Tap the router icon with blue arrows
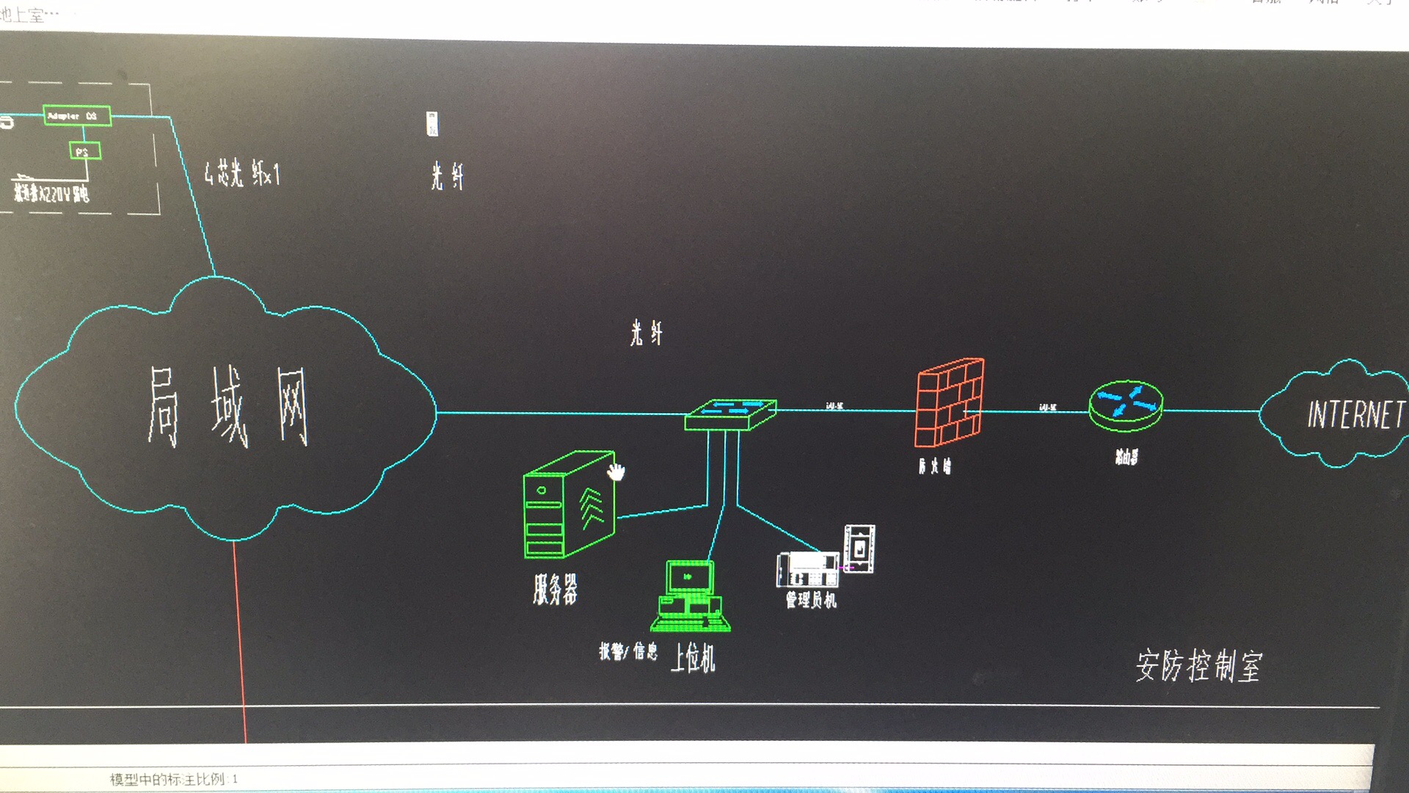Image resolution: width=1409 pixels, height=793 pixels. pos(1126,405)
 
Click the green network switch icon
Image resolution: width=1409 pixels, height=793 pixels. pos(730,414)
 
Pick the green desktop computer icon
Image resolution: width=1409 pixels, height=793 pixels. pos(690,595)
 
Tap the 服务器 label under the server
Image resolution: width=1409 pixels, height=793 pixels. pos(556,589)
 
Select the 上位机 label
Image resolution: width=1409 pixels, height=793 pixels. pos(693,657)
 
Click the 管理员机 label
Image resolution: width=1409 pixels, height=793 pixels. pos(811,600)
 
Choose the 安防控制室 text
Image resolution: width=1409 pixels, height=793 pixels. pos(1198,666)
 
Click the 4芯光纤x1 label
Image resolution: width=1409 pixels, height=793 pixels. pos(241,174)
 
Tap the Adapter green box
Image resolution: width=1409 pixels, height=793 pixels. pos(77,116)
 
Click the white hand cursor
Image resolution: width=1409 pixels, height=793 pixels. pos(615,471)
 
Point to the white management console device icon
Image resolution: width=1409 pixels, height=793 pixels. pos(808,569)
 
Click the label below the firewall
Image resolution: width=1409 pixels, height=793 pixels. pos(934,466)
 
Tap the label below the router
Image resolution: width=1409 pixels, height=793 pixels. pos(1126,457)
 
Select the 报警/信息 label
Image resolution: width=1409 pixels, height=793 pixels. pos(628,651)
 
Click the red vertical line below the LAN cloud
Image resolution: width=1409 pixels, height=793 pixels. pos(239,639)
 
